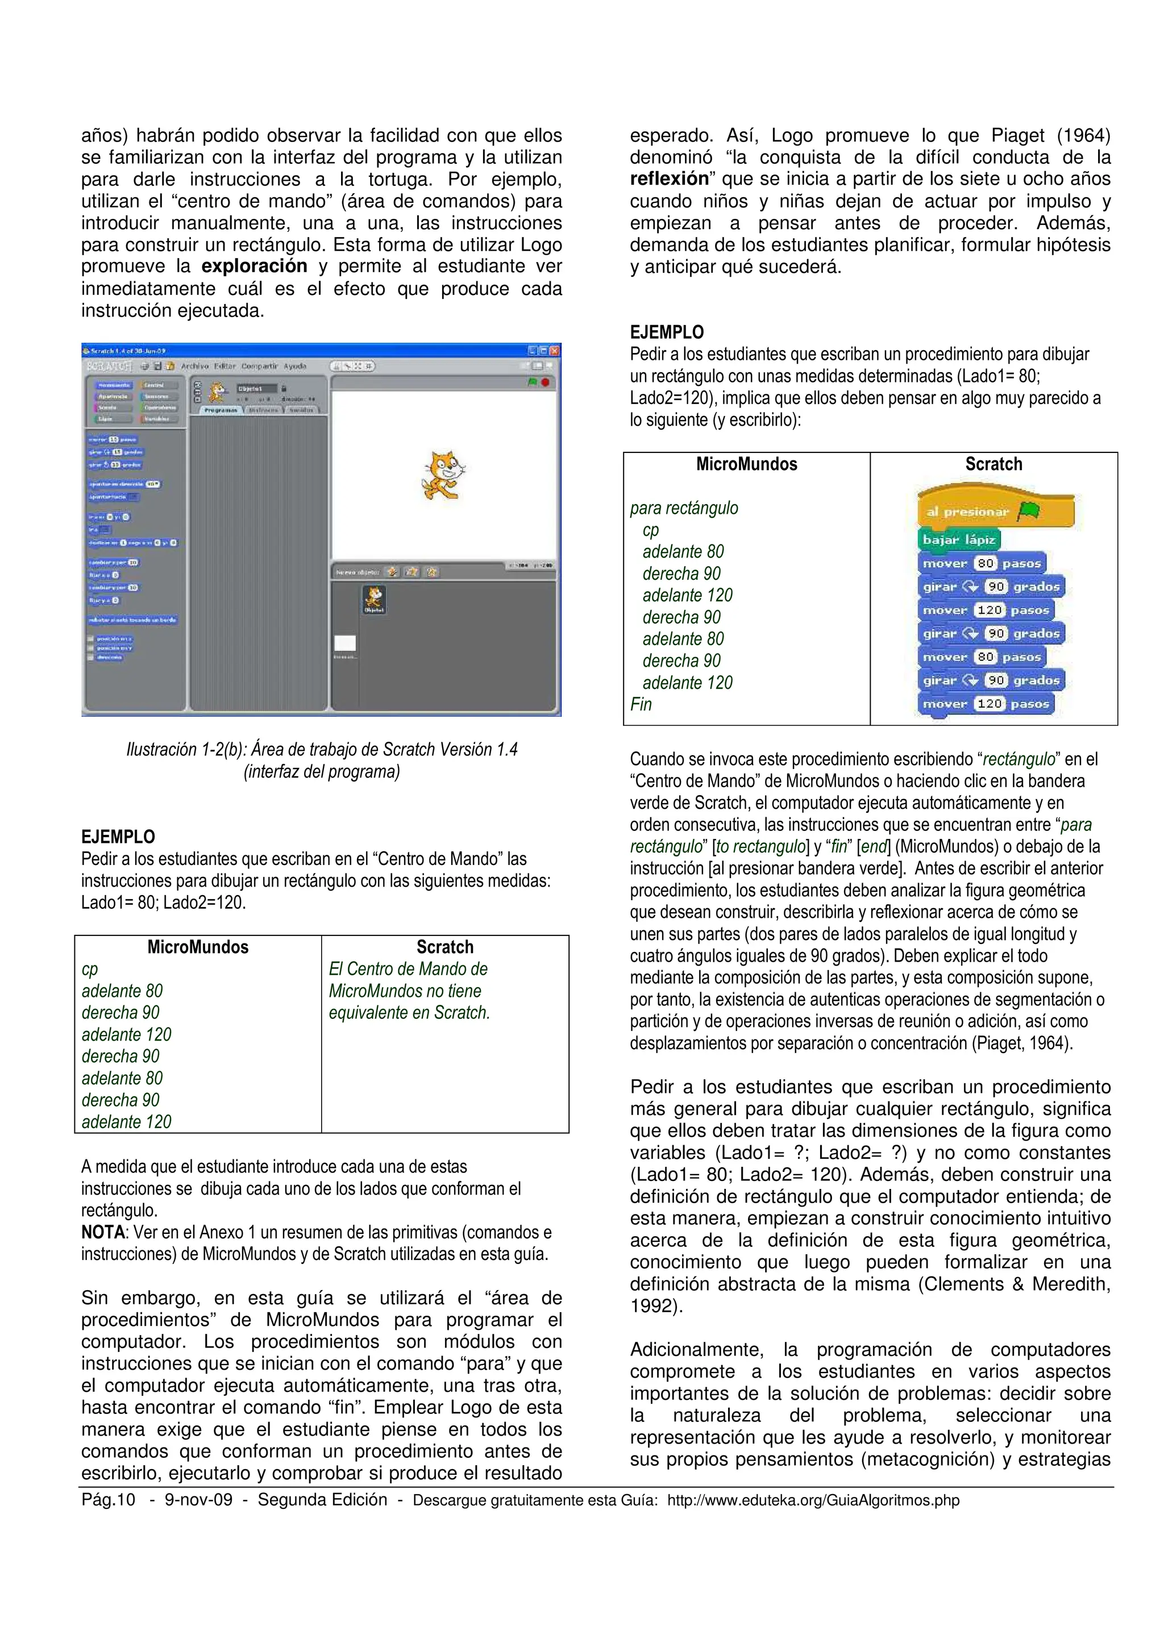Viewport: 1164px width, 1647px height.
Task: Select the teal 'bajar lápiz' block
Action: click(958, 539)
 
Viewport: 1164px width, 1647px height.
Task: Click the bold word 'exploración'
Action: click(254, 266)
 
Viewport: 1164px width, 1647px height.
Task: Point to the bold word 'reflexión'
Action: click(668, 178)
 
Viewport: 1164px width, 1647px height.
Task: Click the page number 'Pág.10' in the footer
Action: click(107, 1500)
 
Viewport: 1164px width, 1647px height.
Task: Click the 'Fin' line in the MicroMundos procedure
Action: click(641, 704)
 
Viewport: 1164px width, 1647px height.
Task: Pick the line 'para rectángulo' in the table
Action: click(684, 508)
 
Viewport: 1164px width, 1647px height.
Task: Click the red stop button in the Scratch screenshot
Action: click(545, 382)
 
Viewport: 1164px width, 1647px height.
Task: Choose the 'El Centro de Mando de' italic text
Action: click(408, 969)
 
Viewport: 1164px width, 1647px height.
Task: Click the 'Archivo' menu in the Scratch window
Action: click(194, 366)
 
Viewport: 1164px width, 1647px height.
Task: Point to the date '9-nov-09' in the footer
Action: click(199, 1500)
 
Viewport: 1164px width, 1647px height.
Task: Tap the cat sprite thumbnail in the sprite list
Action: click(373, 599)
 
